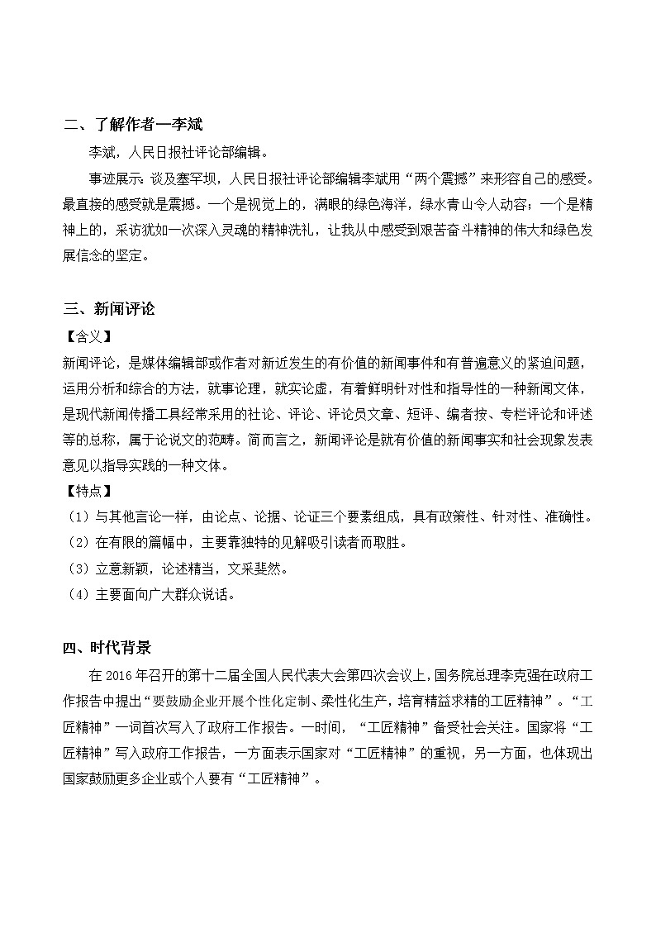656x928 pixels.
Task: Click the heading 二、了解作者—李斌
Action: [133, 125]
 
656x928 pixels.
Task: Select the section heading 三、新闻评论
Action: [108, 309]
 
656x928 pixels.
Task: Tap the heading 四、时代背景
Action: [108, 646]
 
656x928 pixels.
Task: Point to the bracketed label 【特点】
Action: [86, 491]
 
